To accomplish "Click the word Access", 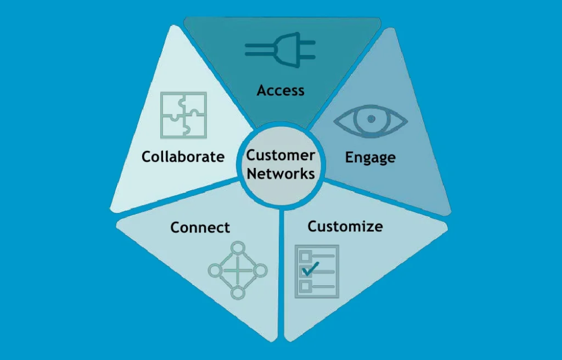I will [280, 90].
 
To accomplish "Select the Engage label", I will [370, 157].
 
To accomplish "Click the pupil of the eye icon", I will [370, 119].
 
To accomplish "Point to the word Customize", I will [345, 226].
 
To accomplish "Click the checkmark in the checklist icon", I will [310, 268].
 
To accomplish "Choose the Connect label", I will [200, 227].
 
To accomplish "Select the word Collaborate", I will [183, 156].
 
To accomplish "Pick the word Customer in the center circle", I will [280, 155].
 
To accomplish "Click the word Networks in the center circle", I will [280, 174].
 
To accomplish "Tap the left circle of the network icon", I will [215, 270].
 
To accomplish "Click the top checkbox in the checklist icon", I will [305, 257].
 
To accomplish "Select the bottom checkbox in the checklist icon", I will [305, 286].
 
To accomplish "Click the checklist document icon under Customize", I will [317, 271].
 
